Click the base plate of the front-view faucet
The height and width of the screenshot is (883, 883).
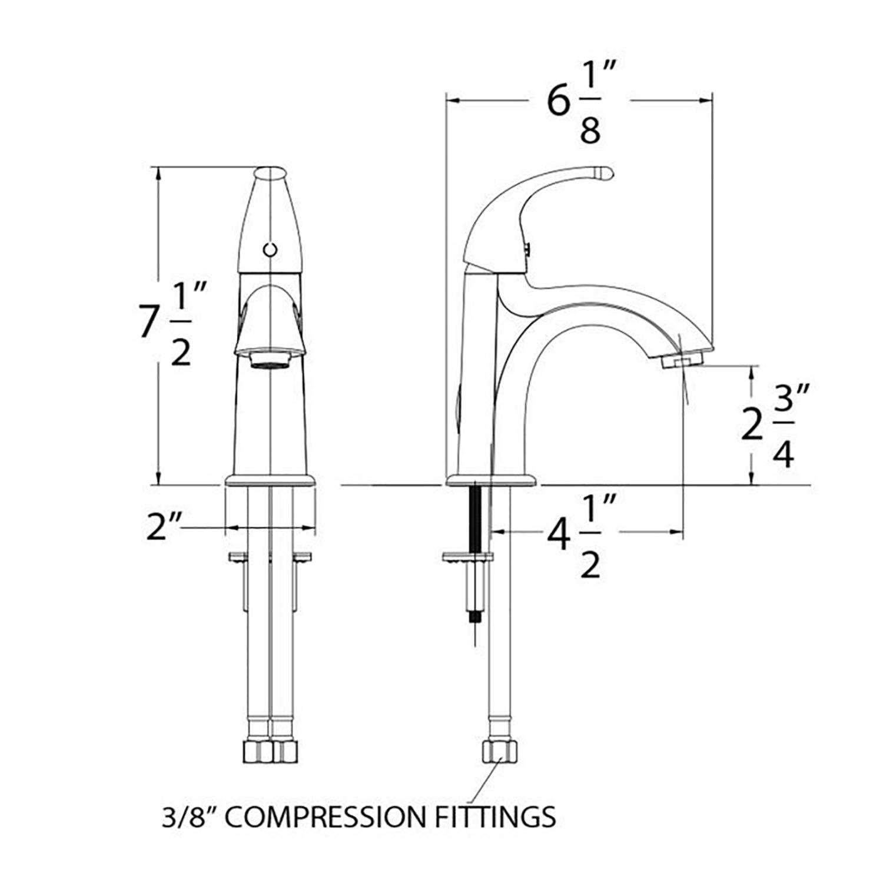pos(270,480)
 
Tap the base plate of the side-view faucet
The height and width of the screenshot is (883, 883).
pos(492,480)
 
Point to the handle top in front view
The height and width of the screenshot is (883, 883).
pos(270,174)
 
